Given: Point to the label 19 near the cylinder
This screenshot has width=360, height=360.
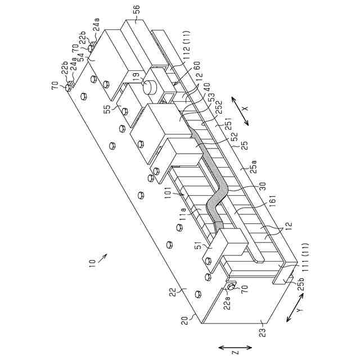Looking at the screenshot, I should coord(136,76).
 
